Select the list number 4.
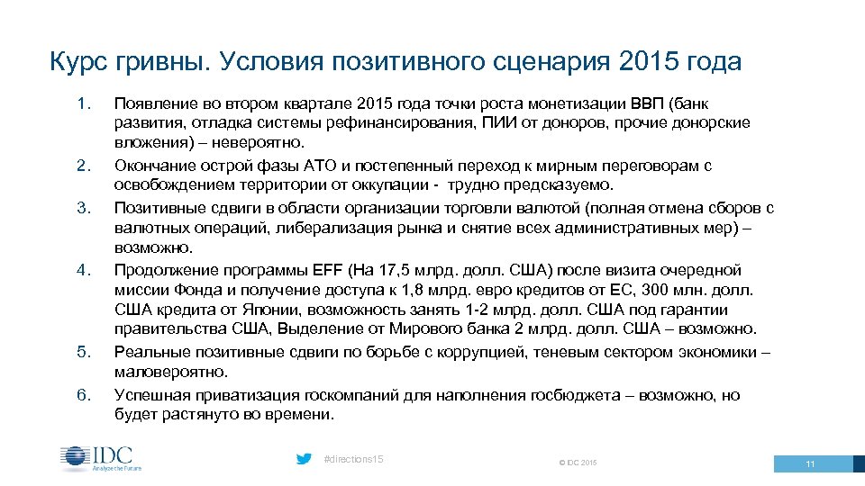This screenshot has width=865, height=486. [x=84, y=269]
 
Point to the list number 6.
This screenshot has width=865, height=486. [x=84, y=393]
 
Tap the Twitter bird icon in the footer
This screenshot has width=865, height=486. [x=305, y=459]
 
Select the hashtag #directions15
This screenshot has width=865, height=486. [x=353, y=459]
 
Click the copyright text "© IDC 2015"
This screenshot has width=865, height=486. [x=578, y=463]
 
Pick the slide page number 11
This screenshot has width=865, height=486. [x=810, y=463]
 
